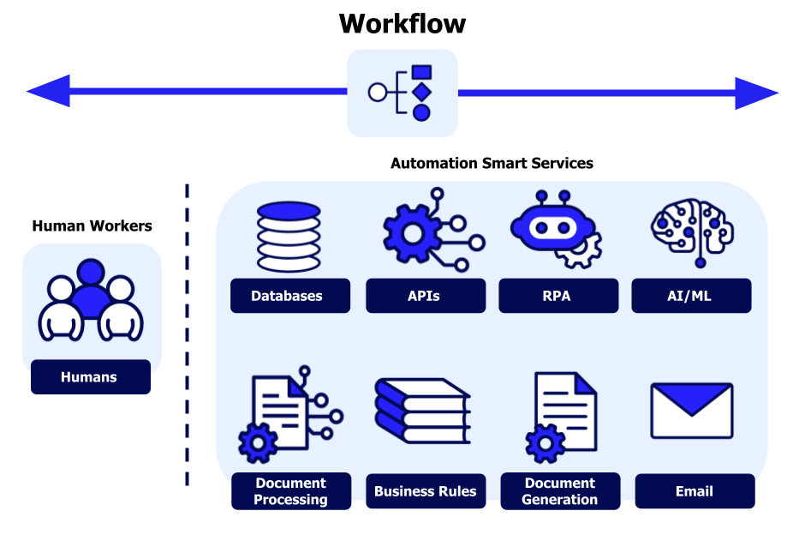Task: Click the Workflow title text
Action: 402,23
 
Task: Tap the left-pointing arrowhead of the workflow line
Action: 48,91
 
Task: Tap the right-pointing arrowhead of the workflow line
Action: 756,93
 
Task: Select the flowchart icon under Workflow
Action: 402,93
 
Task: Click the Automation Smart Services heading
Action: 492,163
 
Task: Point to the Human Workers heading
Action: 92,226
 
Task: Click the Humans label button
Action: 90,377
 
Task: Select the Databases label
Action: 289,296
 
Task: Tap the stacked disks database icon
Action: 289,237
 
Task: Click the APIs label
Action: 424,296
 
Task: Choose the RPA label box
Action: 558,296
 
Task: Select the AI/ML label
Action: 691,296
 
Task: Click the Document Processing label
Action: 291,491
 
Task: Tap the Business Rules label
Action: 425,491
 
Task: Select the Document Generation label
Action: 560,491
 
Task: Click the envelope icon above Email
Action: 692,410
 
